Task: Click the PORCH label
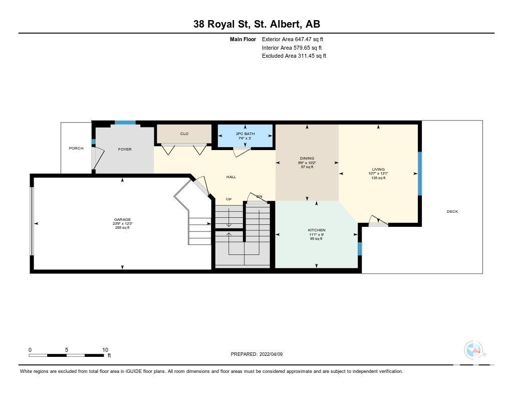click(76, 148)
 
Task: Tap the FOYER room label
click(125, 149)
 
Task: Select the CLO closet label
click(184, 134)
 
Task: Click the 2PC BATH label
click(245, 134)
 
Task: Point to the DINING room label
click(307, 158)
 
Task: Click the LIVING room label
click(378, 170)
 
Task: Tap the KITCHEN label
click(317, 230)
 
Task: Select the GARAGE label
click(122, 220)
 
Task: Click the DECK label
click(452, 211)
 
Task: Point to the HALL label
click(231, 177)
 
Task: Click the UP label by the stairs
click(228, 199)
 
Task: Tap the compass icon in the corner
click(474, 350)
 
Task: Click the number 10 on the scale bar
click(105, 350)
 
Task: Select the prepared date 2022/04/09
click(271, 354)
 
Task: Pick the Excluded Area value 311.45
click(307, 56)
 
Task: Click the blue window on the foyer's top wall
click(125, 122)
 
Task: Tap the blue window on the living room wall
click(420, 174)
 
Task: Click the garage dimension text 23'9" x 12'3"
click(122, 223)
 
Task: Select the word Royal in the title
click(221, 24)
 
